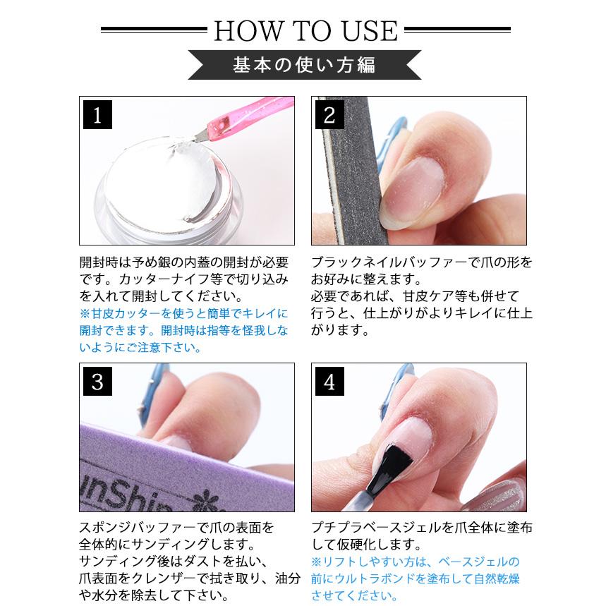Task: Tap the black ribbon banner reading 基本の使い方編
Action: (x=304, y=65)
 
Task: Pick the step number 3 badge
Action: (x=98, y=382)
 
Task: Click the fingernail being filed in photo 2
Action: (x=420, y=180)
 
